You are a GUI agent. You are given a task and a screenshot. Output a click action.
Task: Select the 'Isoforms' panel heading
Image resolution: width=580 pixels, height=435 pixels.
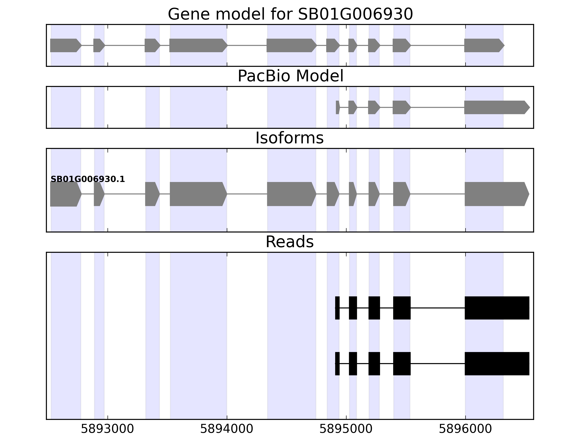coord(289,138)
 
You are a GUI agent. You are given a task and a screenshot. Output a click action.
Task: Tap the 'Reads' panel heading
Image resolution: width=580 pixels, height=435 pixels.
coord(289,242)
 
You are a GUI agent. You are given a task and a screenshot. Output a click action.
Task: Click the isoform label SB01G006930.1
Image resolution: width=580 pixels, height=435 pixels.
coord(88,179)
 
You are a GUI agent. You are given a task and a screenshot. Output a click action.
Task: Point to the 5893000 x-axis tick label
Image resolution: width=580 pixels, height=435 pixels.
coord(107,429)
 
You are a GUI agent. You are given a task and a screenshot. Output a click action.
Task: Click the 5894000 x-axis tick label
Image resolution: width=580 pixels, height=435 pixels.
coord(227,429)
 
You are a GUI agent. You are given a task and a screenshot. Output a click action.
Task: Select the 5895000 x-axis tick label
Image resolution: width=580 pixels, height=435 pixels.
coord(346,429)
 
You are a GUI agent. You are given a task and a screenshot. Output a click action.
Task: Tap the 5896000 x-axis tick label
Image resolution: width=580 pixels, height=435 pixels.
coord(465,429)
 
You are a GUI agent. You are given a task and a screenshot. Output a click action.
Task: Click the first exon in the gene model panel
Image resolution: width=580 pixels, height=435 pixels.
coord(64,45)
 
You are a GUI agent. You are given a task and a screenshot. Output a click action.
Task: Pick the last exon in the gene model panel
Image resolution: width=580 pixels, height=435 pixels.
coord(482,45)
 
